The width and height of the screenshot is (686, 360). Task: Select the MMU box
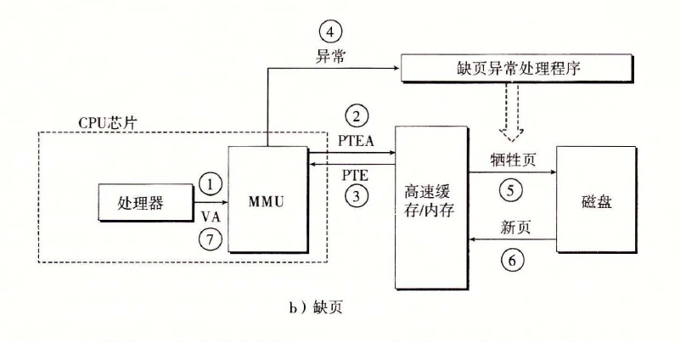(x=267, y=199)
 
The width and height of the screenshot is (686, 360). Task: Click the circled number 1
(x=211, y=181)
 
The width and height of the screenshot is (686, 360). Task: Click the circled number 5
(x=511, y=188)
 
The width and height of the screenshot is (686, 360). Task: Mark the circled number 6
(x=511, y=260)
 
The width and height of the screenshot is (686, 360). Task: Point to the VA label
(x=211, y=217)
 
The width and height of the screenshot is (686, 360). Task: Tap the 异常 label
(x=330, y=55)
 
